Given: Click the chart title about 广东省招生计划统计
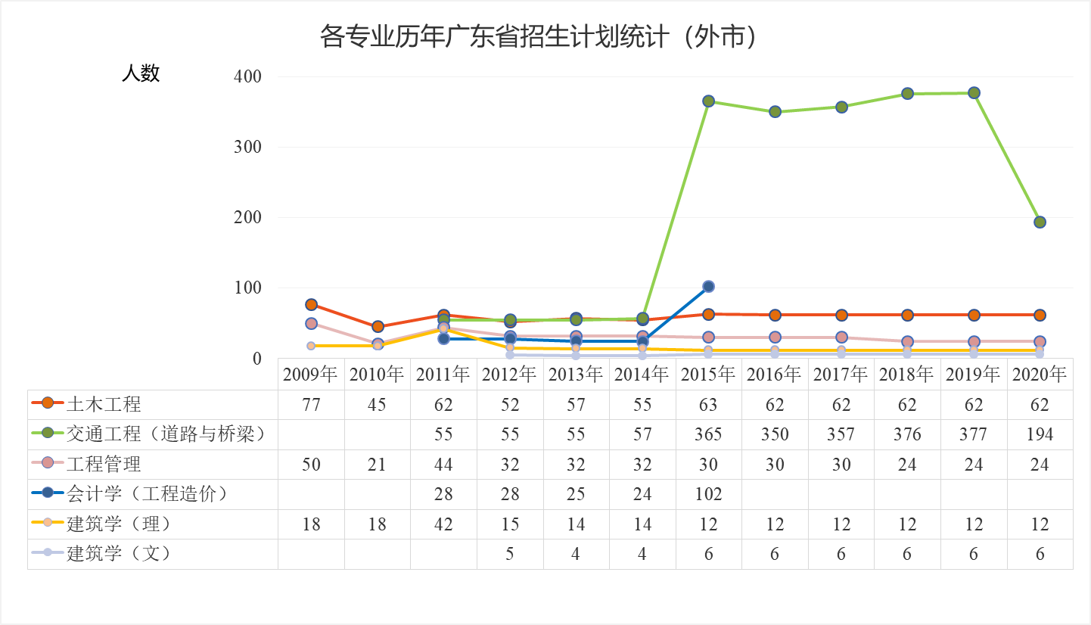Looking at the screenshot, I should (x=539, y=36).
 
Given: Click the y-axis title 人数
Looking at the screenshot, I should (x=141, y=73).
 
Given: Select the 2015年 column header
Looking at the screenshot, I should (x=708, y=375).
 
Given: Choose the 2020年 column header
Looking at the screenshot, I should (x=1040, y=375).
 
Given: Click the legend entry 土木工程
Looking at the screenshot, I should (x=104, y=404).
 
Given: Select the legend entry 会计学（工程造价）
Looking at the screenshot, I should (x=148, y=493).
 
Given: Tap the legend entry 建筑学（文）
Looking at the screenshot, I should (x=119, y=553).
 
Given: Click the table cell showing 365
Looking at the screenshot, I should (x=708, y=434).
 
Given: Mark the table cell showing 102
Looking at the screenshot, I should (x=708, y=494).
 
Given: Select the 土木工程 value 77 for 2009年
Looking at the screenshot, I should (x=311, y=405).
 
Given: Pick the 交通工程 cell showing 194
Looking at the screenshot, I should (x=1040, y=434).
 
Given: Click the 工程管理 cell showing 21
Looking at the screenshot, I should (x=377, y=465).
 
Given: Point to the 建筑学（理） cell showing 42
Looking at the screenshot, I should (x=443, y=524).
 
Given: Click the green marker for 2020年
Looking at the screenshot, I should (x=1040, y=222).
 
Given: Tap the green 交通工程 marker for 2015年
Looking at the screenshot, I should (x=708, y=101).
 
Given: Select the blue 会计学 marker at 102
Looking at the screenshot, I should (x=708, y=286).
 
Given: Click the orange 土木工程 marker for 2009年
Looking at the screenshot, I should (x=311, y=304).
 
